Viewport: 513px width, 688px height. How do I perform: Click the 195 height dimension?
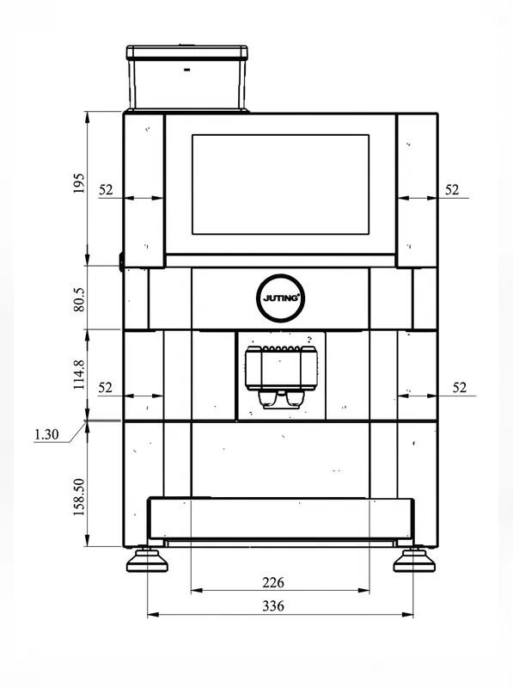pyautogui.click(x=78, y=183)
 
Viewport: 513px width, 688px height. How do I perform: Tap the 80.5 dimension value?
pyautogui.click(x=79, y=299)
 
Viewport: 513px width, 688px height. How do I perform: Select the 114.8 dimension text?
pyautogui.click(x=79, y=375)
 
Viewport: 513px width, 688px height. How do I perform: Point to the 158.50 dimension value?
pyautogui.click(x=79, y=497)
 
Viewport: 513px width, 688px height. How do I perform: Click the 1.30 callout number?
pyautogui.click(x=46, y=434)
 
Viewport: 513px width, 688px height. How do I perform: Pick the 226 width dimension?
pyautogui.click(x=273, y=583)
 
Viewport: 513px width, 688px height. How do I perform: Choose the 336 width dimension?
pyautogui.click(x=273, y=606)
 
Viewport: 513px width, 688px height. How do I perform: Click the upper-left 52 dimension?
pyautogui.click(x=106, y=189)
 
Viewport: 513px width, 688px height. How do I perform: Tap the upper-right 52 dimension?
pyautogui.click(x=452, y=189)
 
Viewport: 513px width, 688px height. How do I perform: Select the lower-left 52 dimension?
pyautogui.click(x=105, y=388)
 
